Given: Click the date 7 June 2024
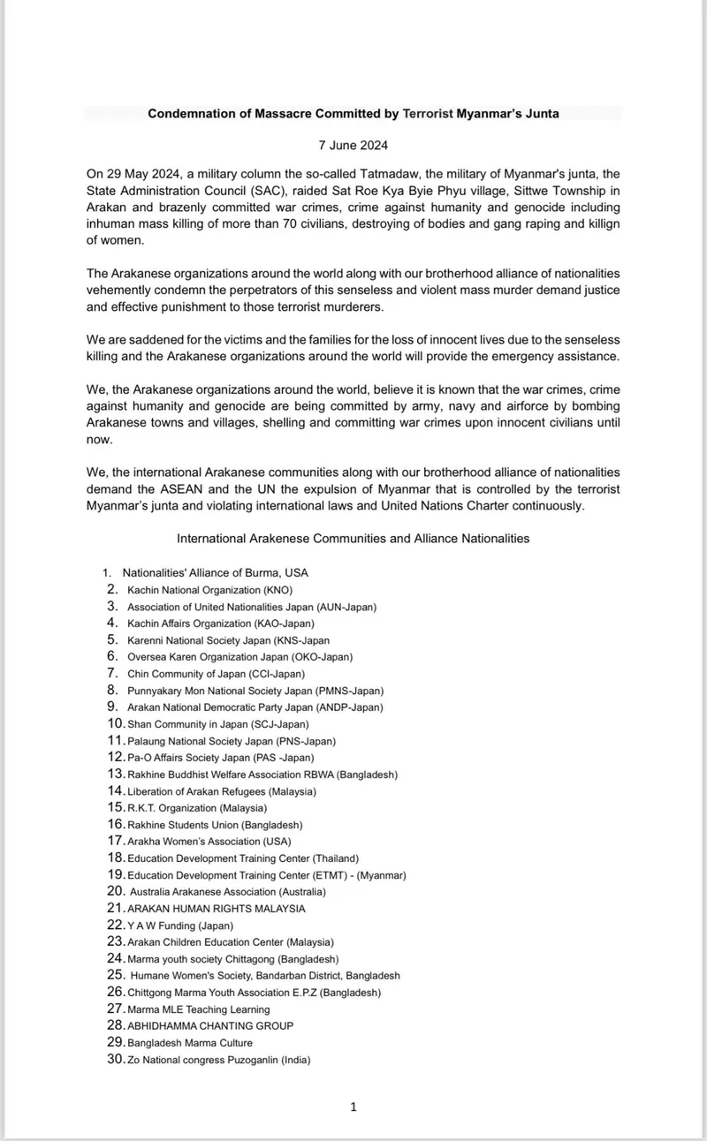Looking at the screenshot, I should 353,145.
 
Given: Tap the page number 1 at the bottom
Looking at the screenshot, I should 353,1107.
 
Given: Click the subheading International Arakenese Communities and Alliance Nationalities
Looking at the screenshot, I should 353,538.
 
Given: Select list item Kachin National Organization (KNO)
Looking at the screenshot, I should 209,589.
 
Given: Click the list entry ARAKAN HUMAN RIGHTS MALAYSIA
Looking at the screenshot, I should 216,909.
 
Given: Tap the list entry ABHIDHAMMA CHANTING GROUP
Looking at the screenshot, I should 210,1026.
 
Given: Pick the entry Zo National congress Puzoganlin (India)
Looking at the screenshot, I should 218,1060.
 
